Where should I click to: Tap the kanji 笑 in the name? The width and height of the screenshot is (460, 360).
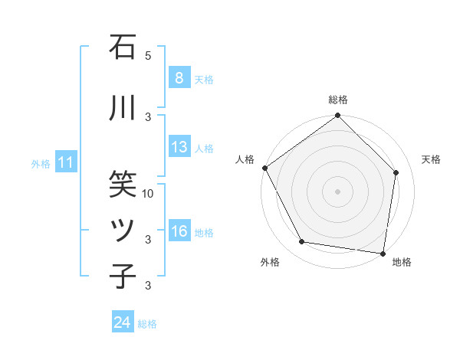pos(123,182)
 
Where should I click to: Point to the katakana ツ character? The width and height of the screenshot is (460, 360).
pos(123,231)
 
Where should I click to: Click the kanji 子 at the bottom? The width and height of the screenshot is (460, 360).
pos(123,276)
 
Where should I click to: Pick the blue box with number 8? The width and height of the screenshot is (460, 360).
pos(179,77)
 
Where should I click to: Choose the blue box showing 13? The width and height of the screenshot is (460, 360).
pos(179,147)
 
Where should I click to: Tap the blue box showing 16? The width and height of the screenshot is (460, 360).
pos(179,231)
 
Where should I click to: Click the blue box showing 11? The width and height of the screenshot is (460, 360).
pos(65,162)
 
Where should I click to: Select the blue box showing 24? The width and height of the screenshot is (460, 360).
pos(122,322)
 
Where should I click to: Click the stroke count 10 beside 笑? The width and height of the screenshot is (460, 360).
pos(149,194)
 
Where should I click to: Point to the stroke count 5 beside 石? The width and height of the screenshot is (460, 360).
pos(149,56)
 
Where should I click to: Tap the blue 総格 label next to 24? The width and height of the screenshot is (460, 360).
pos(147,324)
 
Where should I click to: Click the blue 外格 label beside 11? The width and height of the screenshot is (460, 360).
pos(41,163)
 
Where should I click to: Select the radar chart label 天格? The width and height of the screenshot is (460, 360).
pos(431,159)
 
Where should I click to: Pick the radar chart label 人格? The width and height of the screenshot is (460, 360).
pos(245,159)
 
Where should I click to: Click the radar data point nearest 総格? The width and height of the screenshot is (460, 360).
pos(337,116)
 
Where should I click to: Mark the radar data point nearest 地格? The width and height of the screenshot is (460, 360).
pos(383,253)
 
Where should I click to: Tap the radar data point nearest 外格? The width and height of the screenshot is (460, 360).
pos(302,242)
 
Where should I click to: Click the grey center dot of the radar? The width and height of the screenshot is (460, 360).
pos(337,191)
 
